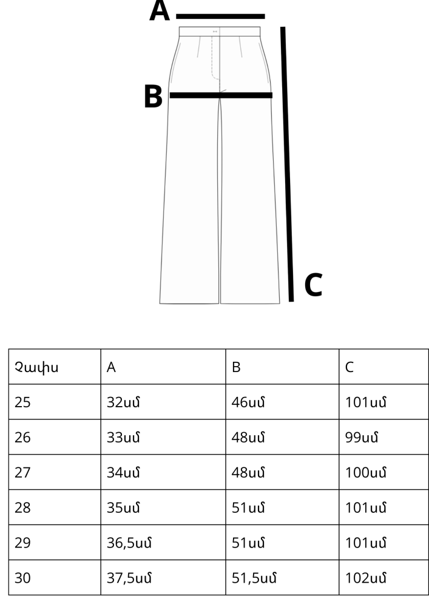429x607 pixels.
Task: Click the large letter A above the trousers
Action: (160, 10)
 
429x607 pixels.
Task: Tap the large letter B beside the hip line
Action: (153, 96)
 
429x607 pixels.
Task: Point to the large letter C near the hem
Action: (313, 285)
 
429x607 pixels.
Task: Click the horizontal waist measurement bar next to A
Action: (220, 16)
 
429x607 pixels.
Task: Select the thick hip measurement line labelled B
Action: (221, 95)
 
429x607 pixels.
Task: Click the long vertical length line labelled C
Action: (287, 164)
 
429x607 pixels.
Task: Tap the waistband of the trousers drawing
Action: (220, 32)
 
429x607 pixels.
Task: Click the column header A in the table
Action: (111, 367)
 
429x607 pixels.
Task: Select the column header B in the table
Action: (236, 367)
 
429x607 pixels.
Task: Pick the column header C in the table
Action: (350, 367)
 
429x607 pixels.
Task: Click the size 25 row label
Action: (22, 402)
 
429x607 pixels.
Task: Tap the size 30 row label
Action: (22, 578)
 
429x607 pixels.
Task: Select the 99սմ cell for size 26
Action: (361, 438)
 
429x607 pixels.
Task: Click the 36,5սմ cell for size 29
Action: (129, 543)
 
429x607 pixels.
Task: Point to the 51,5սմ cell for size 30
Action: (254, 578)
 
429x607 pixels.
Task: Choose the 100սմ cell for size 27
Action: (365, 473)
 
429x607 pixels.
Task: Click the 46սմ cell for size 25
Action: (248, 402)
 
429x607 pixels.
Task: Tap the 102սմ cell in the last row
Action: (365, 578)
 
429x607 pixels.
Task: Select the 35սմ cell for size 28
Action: (123, 507)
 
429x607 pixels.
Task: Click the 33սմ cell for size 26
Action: (123, 438)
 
